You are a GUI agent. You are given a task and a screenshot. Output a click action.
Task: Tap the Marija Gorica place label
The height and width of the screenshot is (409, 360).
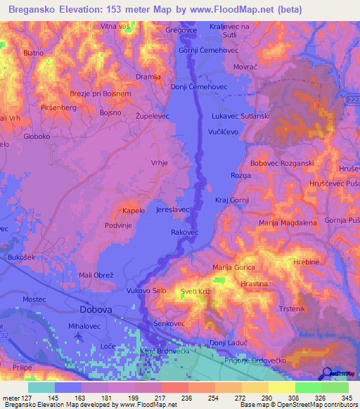pyautogui.click(x=233, y=268)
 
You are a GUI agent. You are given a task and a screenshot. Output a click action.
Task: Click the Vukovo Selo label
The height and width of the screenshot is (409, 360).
pyautogui.click(x=146, y=290)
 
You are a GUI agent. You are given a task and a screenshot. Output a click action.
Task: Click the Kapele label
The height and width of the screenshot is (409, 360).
pyautogui.click(x=134, y=211)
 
